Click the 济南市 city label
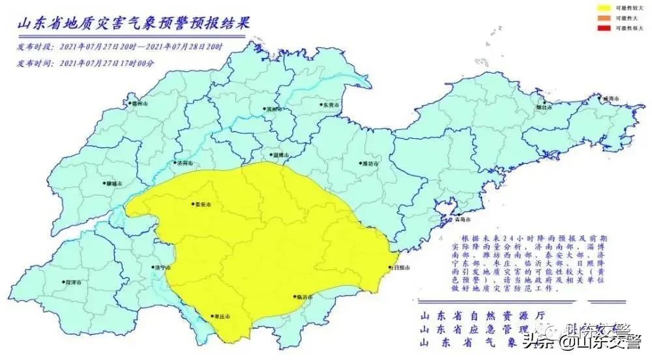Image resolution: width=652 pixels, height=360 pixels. pos(185,163)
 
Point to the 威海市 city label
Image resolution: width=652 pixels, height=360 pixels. pos(610,98)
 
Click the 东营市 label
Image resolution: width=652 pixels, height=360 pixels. pos(329,104)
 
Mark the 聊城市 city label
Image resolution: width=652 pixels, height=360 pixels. pos(113,184)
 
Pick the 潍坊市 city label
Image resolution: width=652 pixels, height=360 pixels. pos(370,164)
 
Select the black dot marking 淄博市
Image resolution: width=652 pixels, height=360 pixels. pos(271,155)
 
